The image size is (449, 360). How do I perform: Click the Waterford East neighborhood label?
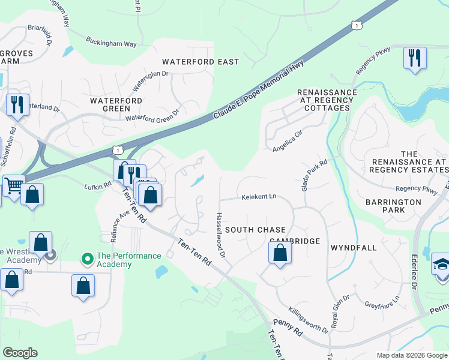tap(200, 62)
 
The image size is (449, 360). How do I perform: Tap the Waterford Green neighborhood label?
tap(116, 104)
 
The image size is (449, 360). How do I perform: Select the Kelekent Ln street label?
tap(259, 196)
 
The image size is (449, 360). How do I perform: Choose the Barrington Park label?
tap(393, 206)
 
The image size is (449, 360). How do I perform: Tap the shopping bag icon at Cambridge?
tap(280, 253)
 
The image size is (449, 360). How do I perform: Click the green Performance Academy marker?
tap(88, 259)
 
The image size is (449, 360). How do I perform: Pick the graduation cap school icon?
tap(441, 265)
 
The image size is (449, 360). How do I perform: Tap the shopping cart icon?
tap(13, 185)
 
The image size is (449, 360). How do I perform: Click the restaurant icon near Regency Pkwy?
tap(414, 58)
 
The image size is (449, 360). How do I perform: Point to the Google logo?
tap(20, 352)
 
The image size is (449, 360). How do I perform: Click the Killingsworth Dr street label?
tap(309, 321)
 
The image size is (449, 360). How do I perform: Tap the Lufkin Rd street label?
tap(98, 187)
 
